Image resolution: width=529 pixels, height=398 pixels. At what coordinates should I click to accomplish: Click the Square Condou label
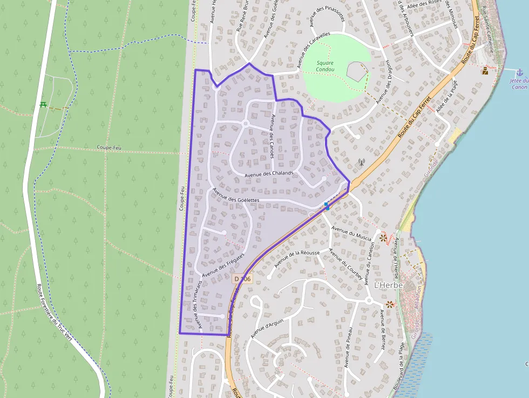click(325, 66)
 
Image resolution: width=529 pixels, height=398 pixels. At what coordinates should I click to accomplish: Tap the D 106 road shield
click(242, 279)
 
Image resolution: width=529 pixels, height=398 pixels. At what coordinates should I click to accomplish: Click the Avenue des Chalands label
click(268, 173)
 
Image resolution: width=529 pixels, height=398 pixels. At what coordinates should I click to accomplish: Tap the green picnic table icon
click(43, 104)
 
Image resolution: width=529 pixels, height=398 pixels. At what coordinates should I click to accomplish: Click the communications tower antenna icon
click(362, 161)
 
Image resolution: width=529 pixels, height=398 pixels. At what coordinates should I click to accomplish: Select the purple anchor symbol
click(519, 72)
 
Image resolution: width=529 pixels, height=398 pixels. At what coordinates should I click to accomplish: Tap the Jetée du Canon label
click(518, 84)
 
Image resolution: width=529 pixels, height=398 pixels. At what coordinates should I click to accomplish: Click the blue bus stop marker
click(327, 206)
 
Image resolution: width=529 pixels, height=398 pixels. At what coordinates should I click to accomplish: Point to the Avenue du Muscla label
click(351, 234)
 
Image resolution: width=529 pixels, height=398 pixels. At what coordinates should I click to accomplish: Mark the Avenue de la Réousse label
click(297, 259)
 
